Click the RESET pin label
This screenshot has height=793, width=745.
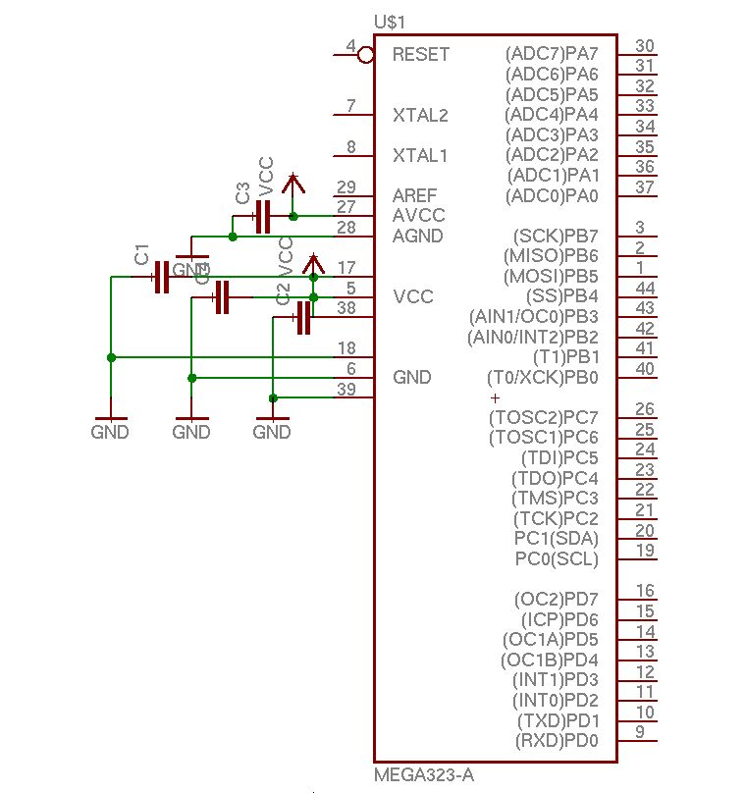click(420, 54)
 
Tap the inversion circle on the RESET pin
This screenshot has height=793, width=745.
click(365, 55)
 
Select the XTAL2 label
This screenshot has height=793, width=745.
click(420, 115)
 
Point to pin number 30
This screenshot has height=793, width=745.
click(645, 46)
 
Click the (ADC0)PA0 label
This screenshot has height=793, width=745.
click(552, 196)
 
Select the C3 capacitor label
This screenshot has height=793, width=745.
click(242, 192)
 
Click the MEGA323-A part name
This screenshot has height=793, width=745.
click(424, 775)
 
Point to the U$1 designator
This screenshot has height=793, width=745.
click(390, 22)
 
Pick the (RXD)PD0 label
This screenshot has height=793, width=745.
click(557, 740)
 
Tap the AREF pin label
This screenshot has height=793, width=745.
click(414, 195)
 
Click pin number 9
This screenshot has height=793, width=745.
click(640, 731)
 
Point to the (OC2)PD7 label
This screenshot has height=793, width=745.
click(557, 599)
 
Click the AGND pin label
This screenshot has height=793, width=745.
click(417, 236)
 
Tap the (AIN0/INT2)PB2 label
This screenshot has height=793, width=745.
click(536, 338)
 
